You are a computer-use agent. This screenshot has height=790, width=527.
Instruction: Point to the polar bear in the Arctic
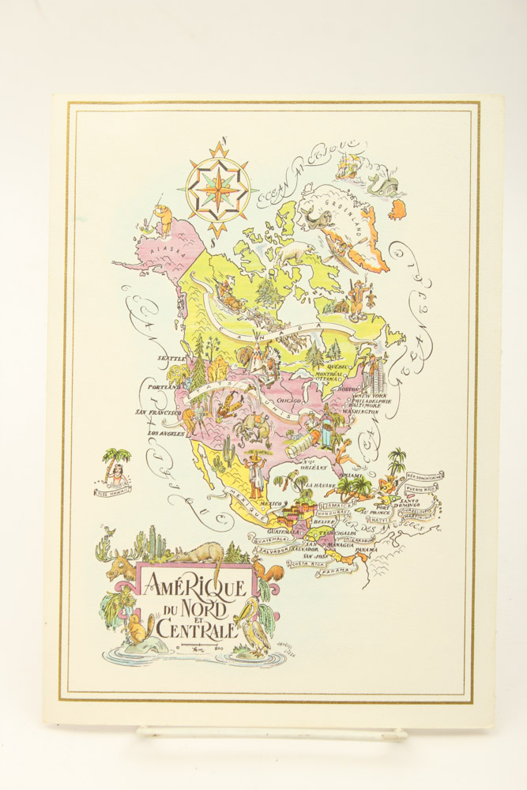pyautogui.click(x=299, y=252)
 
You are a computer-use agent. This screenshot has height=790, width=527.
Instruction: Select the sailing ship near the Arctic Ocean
pyautogui.click(x=348, y=164)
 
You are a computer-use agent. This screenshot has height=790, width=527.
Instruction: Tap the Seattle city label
pyautogui.click(x=171, y=358)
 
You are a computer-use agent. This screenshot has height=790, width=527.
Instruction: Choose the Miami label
pyautogui.click(x=352, y=475)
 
